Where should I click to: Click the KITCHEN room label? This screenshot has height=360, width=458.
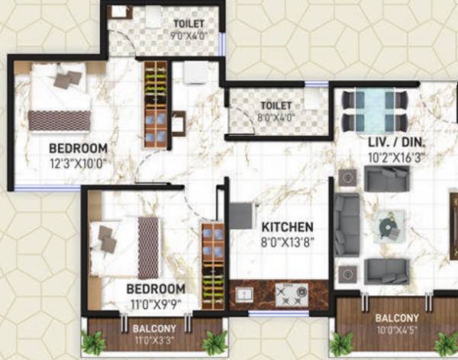tap(287, 227)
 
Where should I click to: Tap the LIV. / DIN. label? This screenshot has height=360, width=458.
tap(396, 143)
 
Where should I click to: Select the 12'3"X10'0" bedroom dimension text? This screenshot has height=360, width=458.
tap(78, 162)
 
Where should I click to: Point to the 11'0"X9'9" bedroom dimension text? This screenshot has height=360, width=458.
tap(155, 303)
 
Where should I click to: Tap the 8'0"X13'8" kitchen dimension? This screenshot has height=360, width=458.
tap(288, 243)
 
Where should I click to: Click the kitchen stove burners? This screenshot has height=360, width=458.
tap(291, 294)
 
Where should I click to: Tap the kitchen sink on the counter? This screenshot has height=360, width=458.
tap(244, 294)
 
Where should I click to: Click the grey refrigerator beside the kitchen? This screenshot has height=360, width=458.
tap(241, 216)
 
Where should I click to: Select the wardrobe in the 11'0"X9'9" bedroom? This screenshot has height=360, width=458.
tap(212, 265)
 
